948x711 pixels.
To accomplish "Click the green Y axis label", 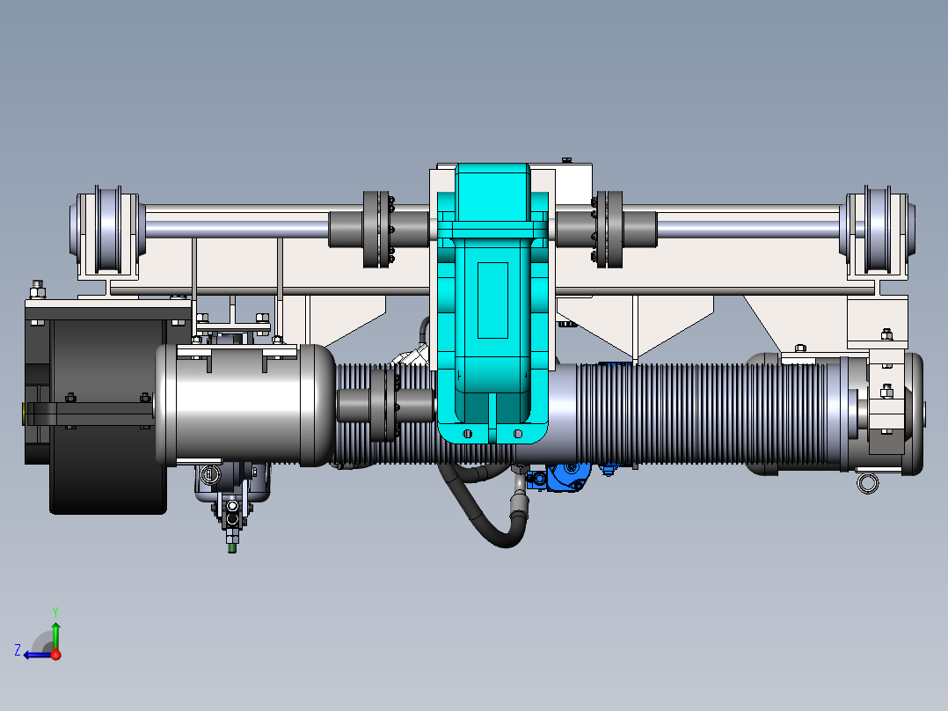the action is [55, 612].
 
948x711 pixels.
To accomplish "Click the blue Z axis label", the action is [18, 650].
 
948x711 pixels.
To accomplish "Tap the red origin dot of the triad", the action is [55, 655].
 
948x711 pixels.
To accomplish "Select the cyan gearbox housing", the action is [492, 303].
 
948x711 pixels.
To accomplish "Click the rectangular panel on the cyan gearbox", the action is [492, 300].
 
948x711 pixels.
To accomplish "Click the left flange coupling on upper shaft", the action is [376, 230].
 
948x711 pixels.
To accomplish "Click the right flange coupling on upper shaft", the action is [609, 230].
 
